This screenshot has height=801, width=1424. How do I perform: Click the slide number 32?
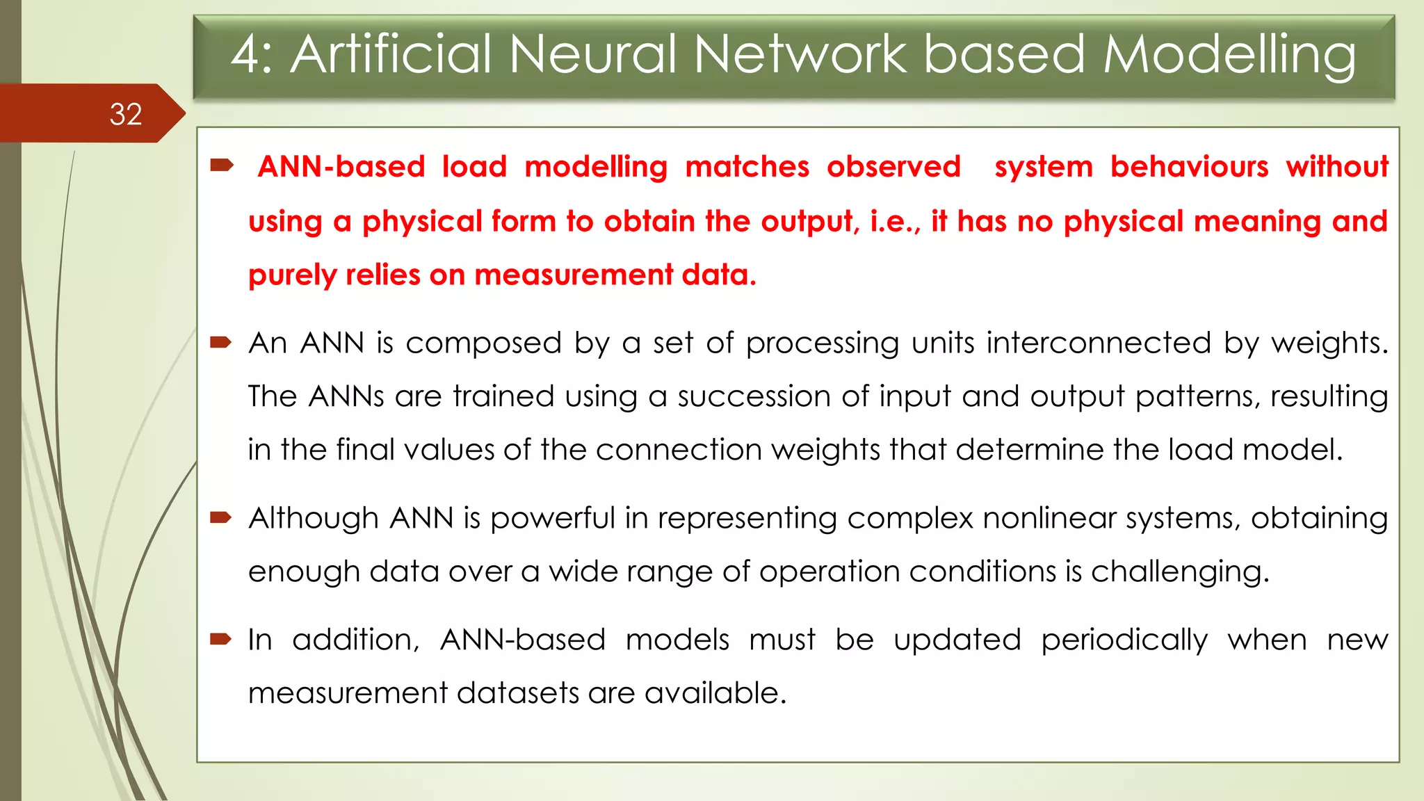(x=126, y=114)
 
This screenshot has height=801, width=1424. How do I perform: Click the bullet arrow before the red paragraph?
(x=222, y=165)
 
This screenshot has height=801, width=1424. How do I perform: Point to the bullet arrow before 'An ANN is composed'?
(x=221, y=341)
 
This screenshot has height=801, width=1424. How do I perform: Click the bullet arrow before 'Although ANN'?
(x=221, y=517)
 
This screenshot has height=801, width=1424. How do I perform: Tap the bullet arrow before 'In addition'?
(x=221, y=638)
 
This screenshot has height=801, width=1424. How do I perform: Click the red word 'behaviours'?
(x=1189, y=167)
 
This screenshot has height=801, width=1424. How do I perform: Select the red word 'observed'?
(x=893, y=167)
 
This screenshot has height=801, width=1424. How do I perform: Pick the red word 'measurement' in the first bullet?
(x=573, y=275)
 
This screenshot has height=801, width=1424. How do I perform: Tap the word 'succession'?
(x=754, y=396)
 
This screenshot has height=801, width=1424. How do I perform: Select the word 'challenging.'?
(x=1180, y=572)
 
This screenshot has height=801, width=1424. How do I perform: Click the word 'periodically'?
(x=1124, y=640)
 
